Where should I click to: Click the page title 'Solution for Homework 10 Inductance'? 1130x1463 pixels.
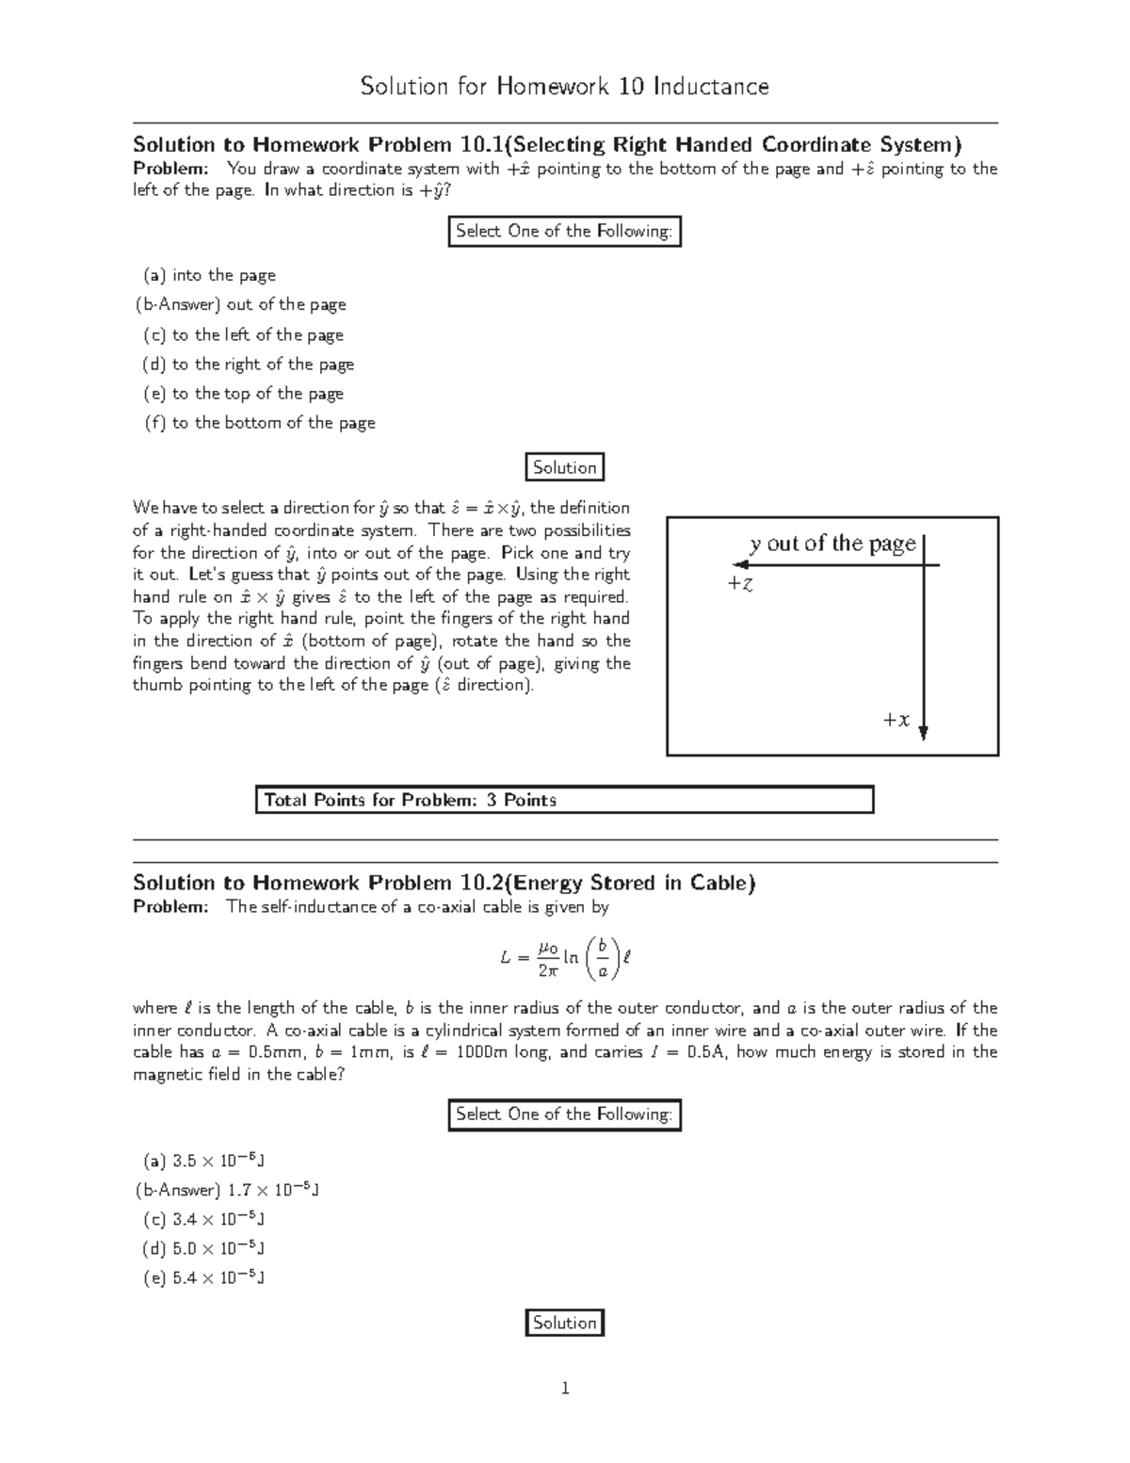[564, 87]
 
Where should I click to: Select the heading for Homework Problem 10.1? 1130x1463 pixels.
[547, 144]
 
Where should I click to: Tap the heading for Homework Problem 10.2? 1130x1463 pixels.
[444, 883]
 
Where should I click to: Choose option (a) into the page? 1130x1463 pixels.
[209, 275]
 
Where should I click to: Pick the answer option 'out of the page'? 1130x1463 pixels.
[241, 304]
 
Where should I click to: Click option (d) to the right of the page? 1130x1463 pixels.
[249, 364]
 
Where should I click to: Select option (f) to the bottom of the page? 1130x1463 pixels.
[259, 423]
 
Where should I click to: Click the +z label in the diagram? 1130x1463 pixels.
[739, 584]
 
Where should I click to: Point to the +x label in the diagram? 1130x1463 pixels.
[896, 721]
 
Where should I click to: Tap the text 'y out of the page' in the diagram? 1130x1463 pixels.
[832, 544]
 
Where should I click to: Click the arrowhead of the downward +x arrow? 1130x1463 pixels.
[924, 733]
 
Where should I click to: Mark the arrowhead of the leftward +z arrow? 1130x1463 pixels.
[739, 565]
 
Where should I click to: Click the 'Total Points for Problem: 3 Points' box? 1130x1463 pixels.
[564, 800]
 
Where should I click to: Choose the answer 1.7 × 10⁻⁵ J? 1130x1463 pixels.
[228, 1190]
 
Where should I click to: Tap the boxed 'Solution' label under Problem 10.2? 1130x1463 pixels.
[564, 1323]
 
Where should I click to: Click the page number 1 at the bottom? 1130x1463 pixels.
[564, 1388]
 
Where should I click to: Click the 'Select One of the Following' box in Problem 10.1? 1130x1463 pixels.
[563, 231]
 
